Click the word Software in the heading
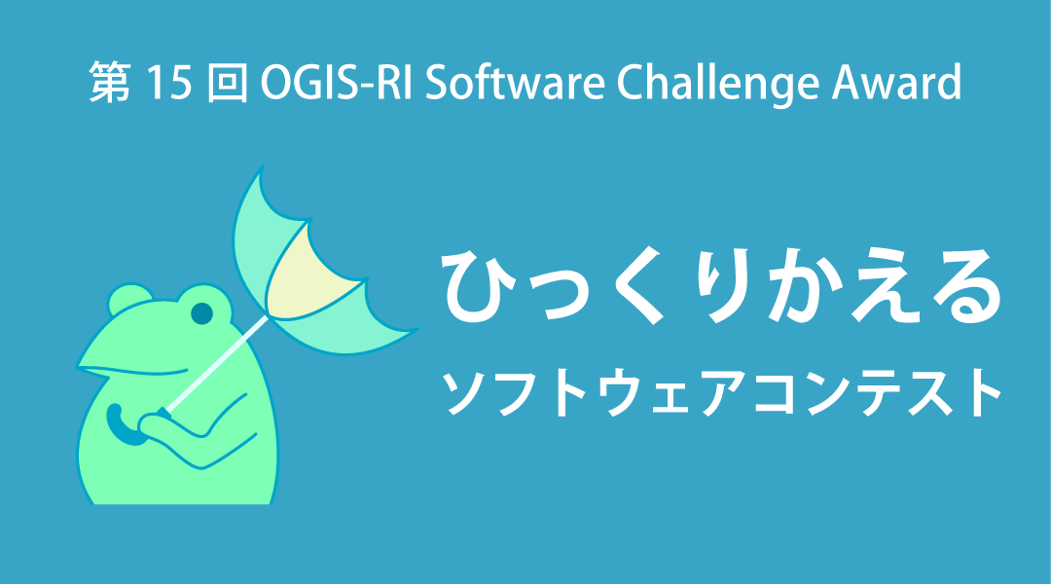(x=515, y=83)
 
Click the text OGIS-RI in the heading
(x=336, y=83)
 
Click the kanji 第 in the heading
(x=110, y=83)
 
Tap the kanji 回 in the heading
(x=227, y=83)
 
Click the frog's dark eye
(x=201, y=313)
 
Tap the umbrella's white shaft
(x=216, y=363)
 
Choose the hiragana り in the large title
(x=723, y=286)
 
